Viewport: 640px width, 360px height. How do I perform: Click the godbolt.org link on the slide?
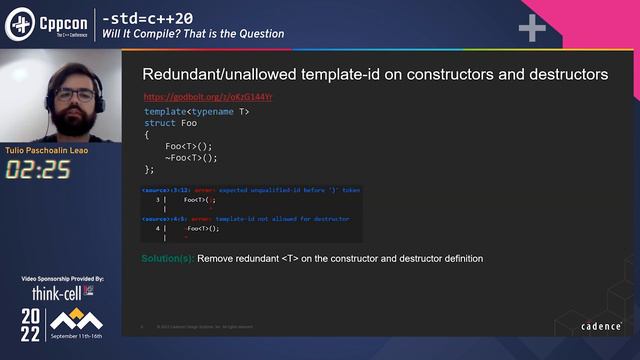[x=208, y=97]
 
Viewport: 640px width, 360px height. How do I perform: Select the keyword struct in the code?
[x=162, y=123]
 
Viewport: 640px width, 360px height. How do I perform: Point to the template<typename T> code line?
[x=197, y=111]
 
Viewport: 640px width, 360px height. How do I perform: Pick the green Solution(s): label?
[x=167, y=258]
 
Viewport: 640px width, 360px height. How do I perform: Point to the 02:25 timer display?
[x=38, y=169]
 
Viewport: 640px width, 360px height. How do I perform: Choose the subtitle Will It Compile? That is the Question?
[x=193, y=34]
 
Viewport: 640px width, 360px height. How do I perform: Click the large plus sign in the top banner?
[x=531, y=29]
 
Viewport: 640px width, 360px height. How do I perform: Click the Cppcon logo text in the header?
[x=62, y=19]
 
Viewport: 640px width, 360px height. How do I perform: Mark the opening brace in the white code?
[x=147, y=134]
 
